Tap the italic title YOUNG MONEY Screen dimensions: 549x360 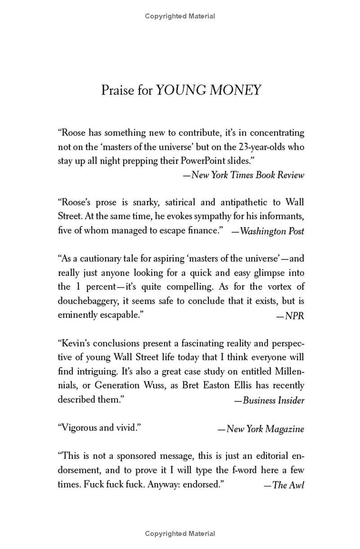tap(208, 90)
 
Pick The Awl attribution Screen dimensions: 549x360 tap(288, 485)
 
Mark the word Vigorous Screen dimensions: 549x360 tap(77, 428)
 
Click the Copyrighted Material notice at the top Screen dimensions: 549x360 tap(180, 16)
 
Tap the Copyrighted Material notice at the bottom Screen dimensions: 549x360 tap(180, 534)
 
